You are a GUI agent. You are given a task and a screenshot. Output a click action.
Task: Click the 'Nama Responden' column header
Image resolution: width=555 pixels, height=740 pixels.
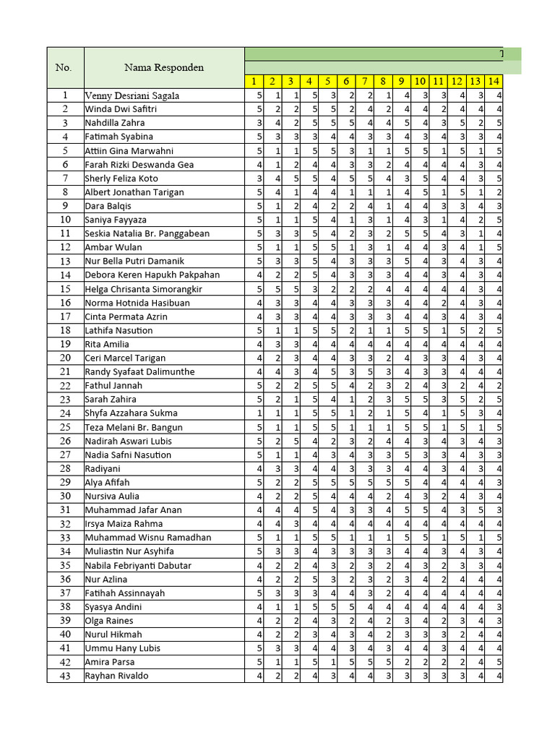[x=163, y=68]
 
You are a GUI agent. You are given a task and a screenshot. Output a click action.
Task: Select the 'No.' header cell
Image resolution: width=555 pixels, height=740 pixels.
[x=64, y=68]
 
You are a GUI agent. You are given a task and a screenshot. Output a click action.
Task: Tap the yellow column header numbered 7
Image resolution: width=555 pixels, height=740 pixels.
[x=366, y=82]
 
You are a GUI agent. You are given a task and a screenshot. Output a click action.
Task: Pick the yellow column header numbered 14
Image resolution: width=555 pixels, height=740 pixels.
[x=494, y=82]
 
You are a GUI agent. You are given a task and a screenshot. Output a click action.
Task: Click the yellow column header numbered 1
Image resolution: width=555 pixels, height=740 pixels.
[x=254, y=82]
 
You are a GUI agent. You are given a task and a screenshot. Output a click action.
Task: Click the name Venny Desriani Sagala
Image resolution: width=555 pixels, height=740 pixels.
[x=132, y=95]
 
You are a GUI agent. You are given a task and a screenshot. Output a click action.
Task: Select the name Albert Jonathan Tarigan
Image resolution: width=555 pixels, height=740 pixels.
[x=134, y=192]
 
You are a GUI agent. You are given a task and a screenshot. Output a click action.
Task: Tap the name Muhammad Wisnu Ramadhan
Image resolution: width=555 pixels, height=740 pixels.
[x=147, y=538]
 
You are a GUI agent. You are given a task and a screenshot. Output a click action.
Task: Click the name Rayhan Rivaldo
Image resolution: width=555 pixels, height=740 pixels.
[x=116, y=676]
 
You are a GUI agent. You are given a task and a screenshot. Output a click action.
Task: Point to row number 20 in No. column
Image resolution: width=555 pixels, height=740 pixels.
[x=65, y=358]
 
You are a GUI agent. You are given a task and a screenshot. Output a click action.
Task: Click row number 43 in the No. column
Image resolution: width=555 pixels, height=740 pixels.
[x=65, y=676]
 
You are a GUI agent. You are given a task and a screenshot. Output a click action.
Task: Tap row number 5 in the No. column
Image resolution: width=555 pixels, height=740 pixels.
[x=65, y=151]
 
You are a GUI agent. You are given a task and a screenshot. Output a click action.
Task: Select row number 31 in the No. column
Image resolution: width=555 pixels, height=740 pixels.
[x=65, y=510]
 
